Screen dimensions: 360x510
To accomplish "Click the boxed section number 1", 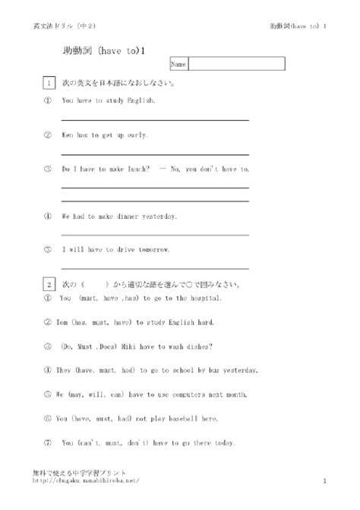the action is pos(49,83).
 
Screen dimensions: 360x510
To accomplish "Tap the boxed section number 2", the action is pos(49,285).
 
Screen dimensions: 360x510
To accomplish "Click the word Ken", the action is pos(67,135).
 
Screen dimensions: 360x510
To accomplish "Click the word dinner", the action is pos(128,217).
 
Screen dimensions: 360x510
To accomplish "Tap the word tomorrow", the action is pos(152,249).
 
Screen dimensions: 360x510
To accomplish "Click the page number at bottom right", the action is pos(324,481).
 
